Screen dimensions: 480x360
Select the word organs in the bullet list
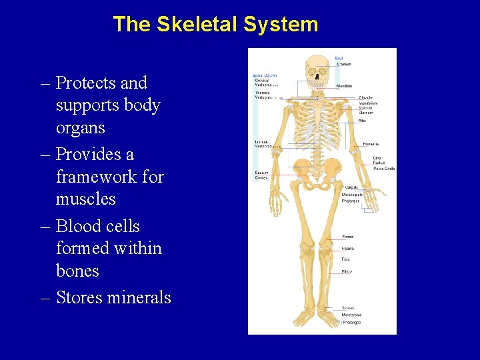(80, 127)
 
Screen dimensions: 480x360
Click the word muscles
(85, 199)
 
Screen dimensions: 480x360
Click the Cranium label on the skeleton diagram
(344, 65)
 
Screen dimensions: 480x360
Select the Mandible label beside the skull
(345, 86)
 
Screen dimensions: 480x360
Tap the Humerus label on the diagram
(371, 143)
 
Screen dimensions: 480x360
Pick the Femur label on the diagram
(347, 237)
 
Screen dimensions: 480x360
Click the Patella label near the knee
(347, 249)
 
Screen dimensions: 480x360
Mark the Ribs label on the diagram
(363, 121)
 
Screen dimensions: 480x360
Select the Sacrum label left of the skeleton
(261, 173)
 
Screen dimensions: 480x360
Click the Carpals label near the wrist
(352, 189)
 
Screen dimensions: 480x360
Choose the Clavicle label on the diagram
(365, 98)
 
